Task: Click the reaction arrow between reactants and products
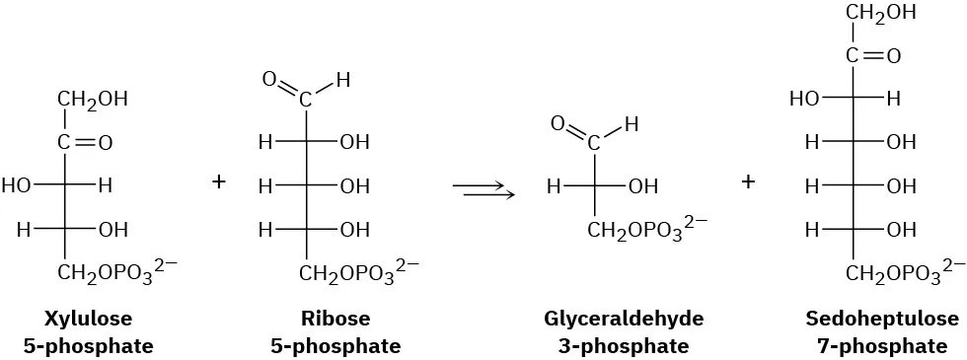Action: [x=483, y=187]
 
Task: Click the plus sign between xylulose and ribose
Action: [x=219, y=182]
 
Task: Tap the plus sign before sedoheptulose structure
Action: [x=749, y=182]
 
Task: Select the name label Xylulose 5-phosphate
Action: [x=89, y=332]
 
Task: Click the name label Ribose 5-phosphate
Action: [x=336, y=332]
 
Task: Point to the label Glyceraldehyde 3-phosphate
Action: [x=624, y=332]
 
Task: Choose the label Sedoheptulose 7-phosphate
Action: [x=881, y=332]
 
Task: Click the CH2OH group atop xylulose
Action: [x=93, y=100]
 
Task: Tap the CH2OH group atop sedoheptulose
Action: [x=881, y=13]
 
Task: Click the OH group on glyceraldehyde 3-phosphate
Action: [x=643, y=185]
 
